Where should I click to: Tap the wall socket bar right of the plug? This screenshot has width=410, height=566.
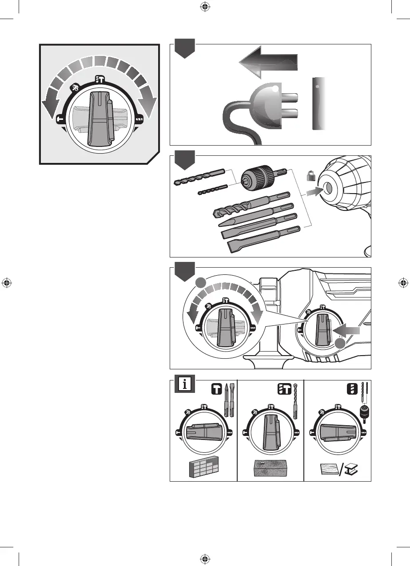pos(319,104)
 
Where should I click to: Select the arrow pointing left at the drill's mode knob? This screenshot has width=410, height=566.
pos(346,330)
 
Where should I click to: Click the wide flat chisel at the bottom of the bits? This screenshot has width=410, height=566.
pos(262,237)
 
